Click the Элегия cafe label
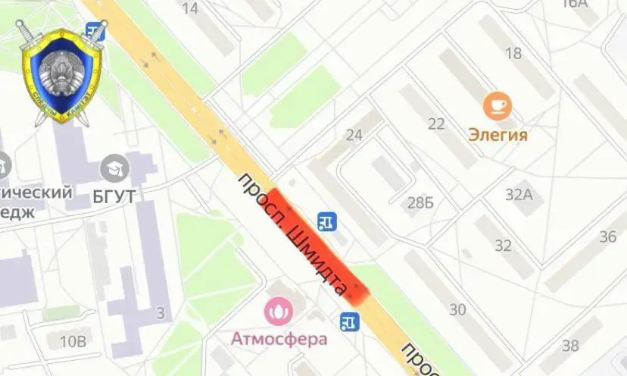pyautogui.click(x=498, y=135)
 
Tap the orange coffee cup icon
pyautogui.click(x=498, y=105)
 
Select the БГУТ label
pyautogui.click(x=115, y=196)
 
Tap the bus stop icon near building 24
pyautogui.click(x=327, y=221)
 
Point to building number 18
pyautogui.click(x=513, y=53)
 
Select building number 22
pyautogui.click(x=436, y=124)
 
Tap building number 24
pyautogui.click(x=354, y=135)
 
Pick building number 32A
pyautogui.click(x=519, y=194)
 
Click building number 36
pyautogui.click(x=608, y=237)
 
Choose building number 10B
pyautogui.click(x=73, y=341)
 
